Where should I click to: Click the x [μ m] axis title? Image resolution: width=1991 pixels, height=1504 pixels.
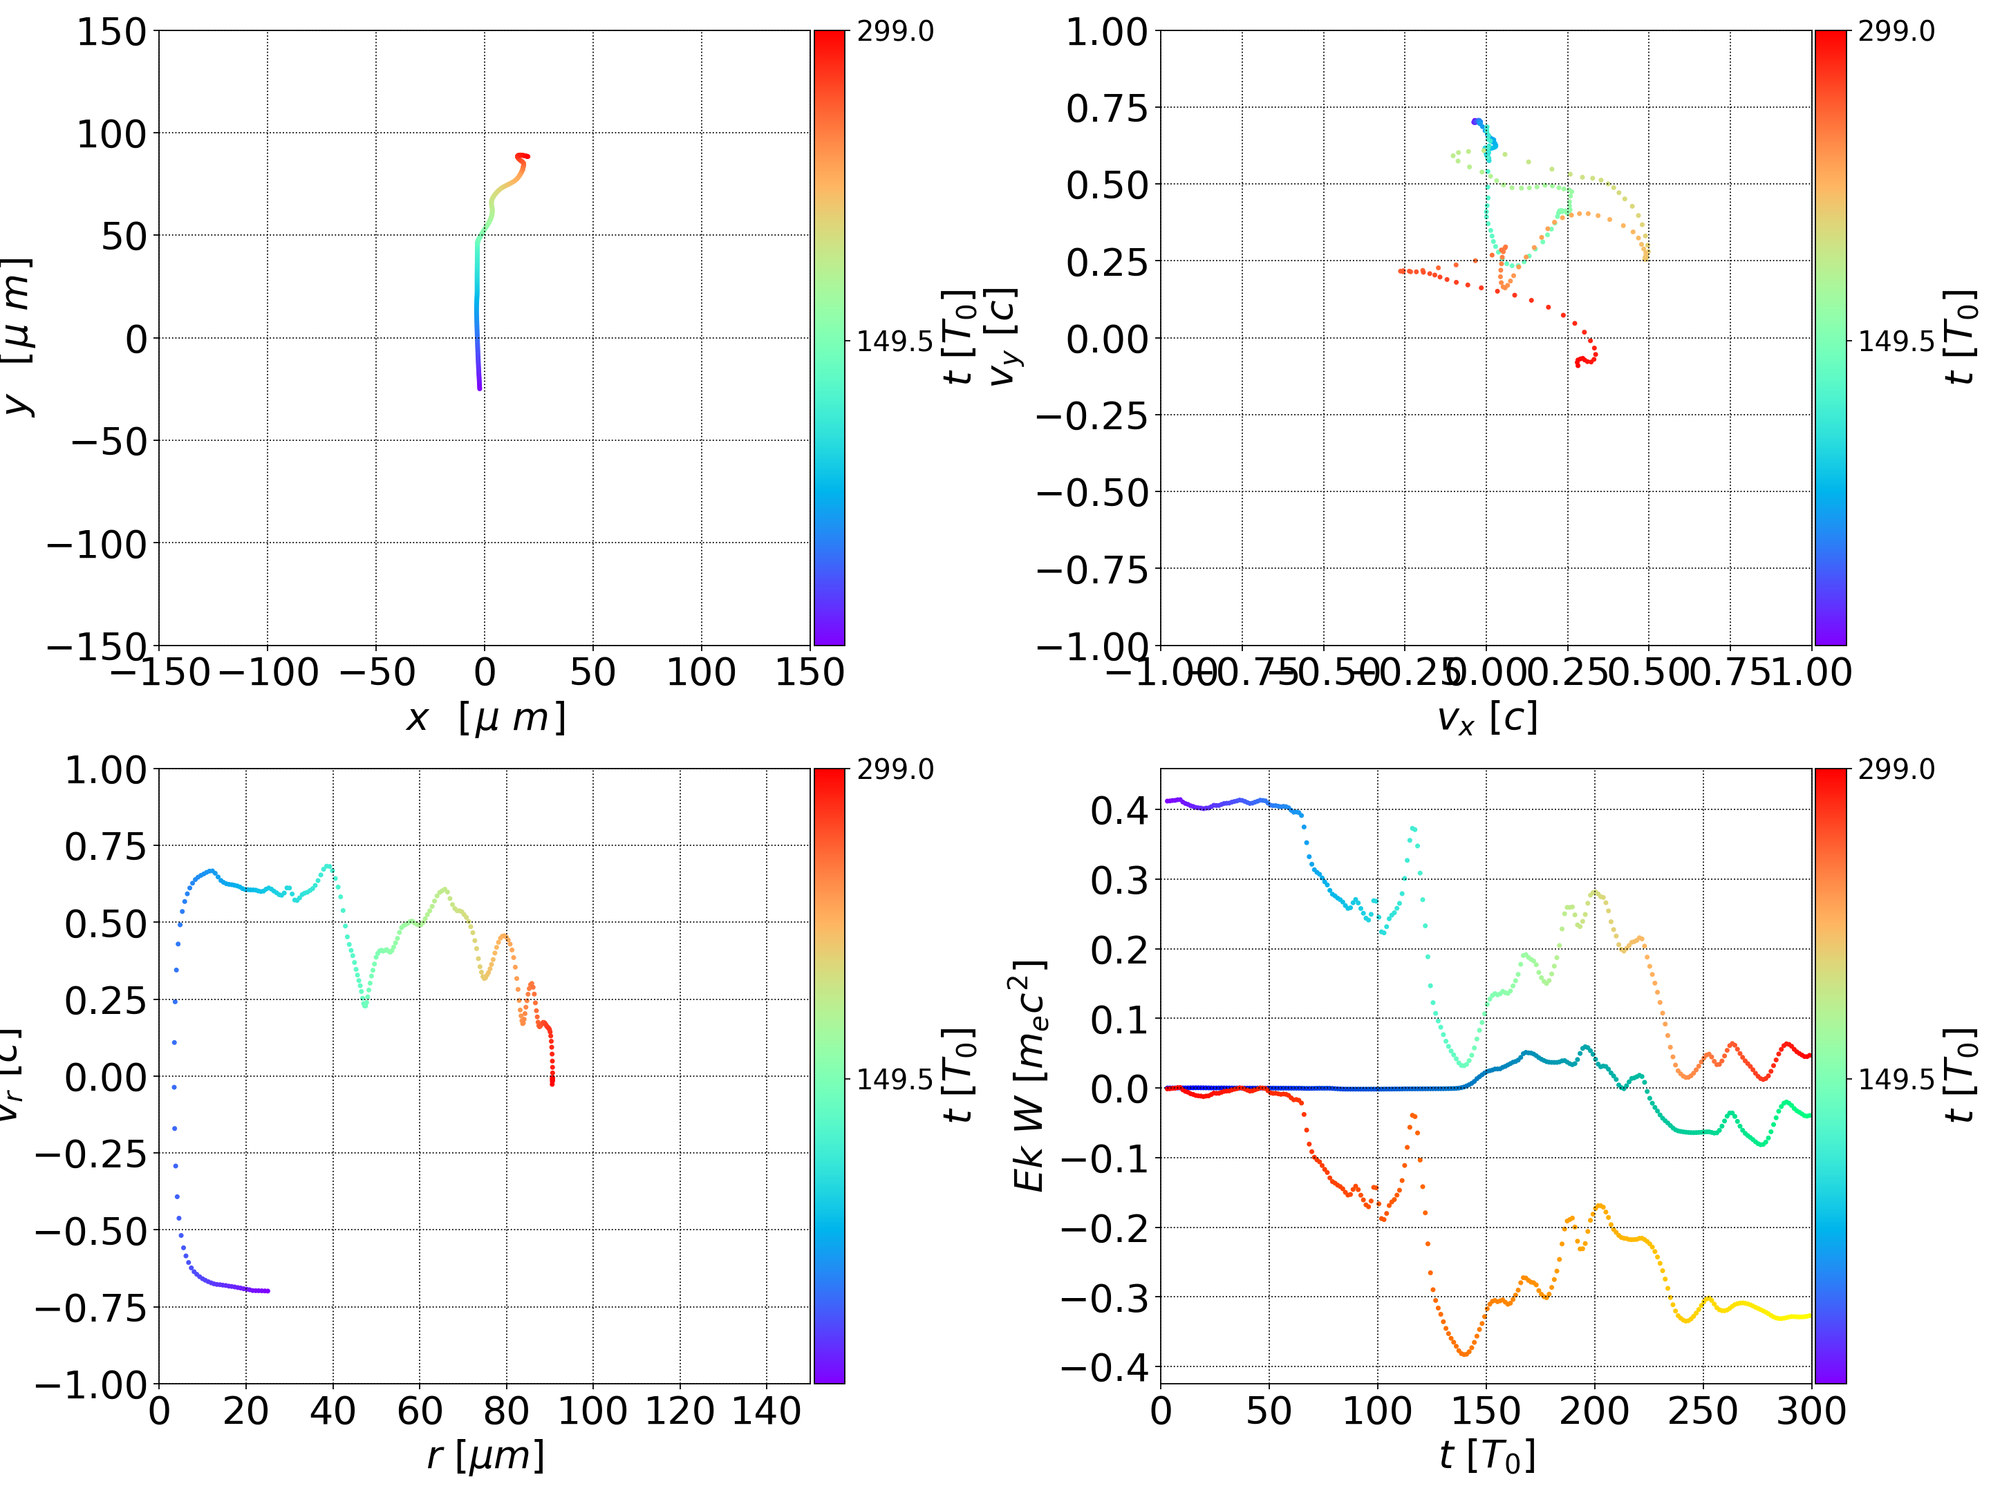[x=485, y=718]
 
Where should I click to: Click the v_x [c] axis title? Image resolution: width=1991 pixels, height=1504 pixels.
[x=1486, y=718]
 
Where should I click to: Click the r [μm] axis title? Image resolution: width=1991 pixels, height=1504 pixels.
[x=485, y=1456]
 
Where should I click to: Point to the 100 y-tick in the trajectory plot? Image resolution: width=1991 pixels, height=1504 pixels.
[x=111, y=134]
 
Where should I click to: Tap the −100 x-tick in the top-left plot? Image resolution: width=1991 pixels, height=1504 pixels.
[x=268, y=673]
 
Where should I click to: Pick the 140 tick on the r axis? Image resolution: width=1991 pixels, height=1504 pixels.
[x=766, y=1411]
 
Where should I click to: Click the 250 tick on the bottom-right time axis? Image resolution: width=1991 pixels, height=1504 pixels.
[x=1703, y=1411]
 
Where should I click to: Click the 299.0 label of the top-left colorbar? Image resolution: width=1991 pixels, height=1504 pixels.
[x=895, y=32]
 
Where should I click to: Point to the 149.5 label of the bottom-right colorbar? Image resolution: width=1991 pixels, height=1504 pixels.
[x=1896, y=1078]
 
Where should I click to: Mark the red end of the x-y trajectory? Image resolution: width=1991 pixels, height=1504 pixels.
[x=527, y=157]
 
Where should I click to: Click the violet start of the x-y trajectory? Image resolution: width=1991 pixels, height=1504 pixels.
[x=479, y=388]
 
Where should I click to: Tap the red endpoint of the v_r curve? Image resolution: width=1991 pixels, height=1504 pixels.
[x=552, y=1083]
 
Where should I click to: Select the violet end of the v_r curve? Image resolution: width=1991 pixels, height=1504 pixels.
[x=268, y=1290]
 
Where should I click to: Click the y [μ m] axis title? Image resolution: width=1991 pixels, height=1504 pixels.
[x=18, y=337]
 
